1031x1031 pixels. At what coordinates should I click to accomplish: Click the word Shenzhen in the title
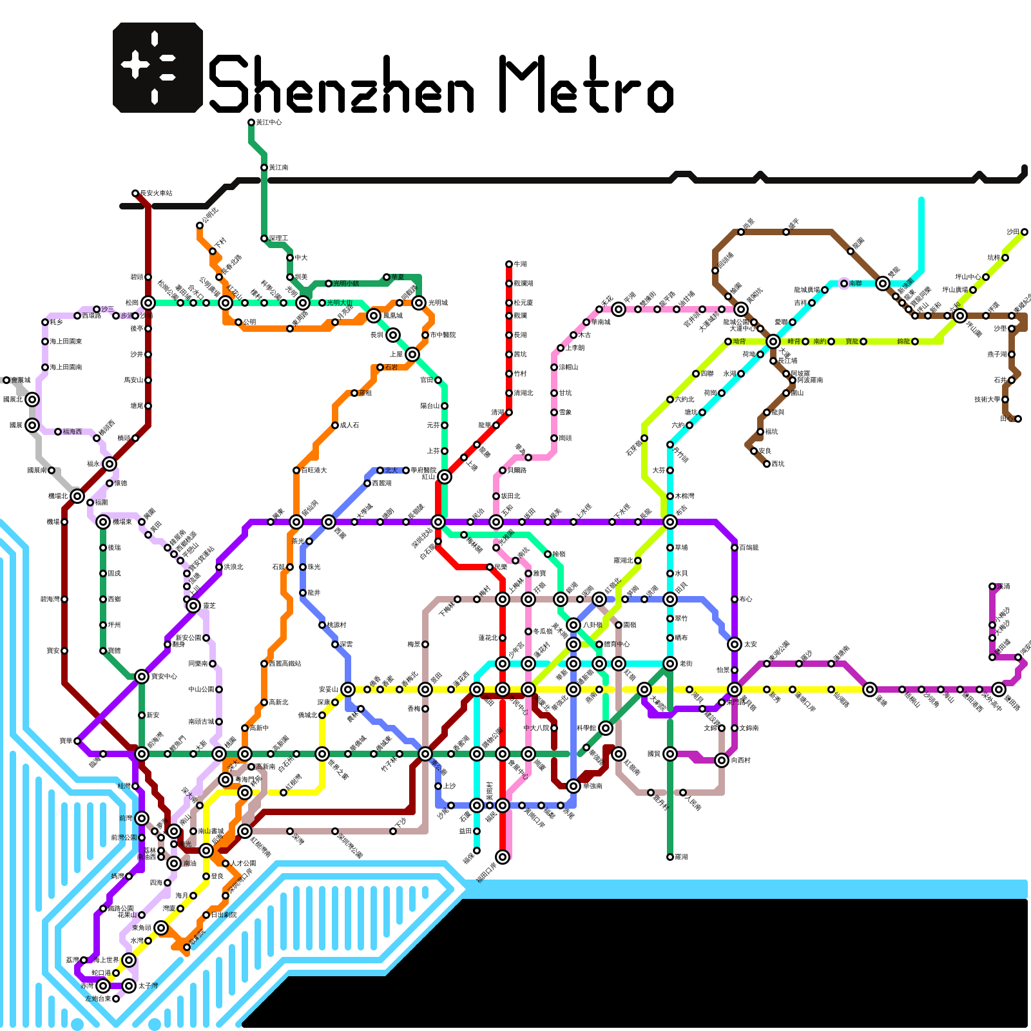click(342, 84)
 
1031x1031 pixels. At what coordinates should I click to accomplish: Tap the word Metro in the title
click(586, 84)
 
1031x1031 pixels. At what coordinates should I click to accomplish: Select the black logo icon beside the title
click(158, 68)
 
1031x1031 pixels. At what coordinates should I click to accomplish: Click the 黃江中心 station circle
click(251, 122)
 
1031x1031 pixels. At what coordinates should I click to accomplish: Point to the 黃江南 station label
click(278, 168)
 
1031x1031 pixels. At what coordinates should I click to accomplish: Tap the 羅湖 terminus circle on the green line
click(670, 857)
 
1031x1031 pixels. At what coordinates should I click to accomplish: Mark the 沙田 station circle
click(1025, 232)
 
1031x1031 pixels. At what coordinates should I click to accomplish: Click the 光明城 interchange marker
click(419, 303)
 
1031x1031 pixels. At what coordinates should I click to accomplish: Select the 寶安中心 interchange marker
click(142, 677)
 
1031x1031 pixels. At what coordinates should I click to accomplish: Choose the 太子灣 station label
click(148, 986)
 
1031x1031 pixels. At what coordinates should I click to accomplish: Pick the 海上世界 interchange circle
click(129, 960)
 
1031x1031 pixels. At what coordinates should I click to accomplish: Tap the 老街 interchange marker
click(670, 664)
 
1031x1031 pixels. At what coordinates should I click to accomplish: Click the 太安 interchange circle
click(735, 644)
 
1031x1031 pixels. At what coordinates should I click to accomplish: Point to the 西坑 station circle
click(767, 464)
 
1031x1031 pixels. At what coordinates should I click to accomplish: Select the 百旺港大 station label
click(314, 470)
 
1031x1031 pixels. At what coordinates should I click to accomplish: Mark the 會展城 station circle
click(6, 380)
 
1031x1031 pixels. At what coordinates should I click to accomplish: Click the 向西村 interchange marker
click(722, 760)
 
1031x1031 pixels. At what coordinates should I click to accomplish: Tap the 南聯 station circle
click(844, 284)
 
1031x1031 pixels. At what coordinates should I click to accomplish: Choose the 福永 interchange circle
click(110, 464)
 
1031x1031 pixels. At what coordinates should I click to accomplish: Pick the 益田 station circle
click(477, 831)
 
